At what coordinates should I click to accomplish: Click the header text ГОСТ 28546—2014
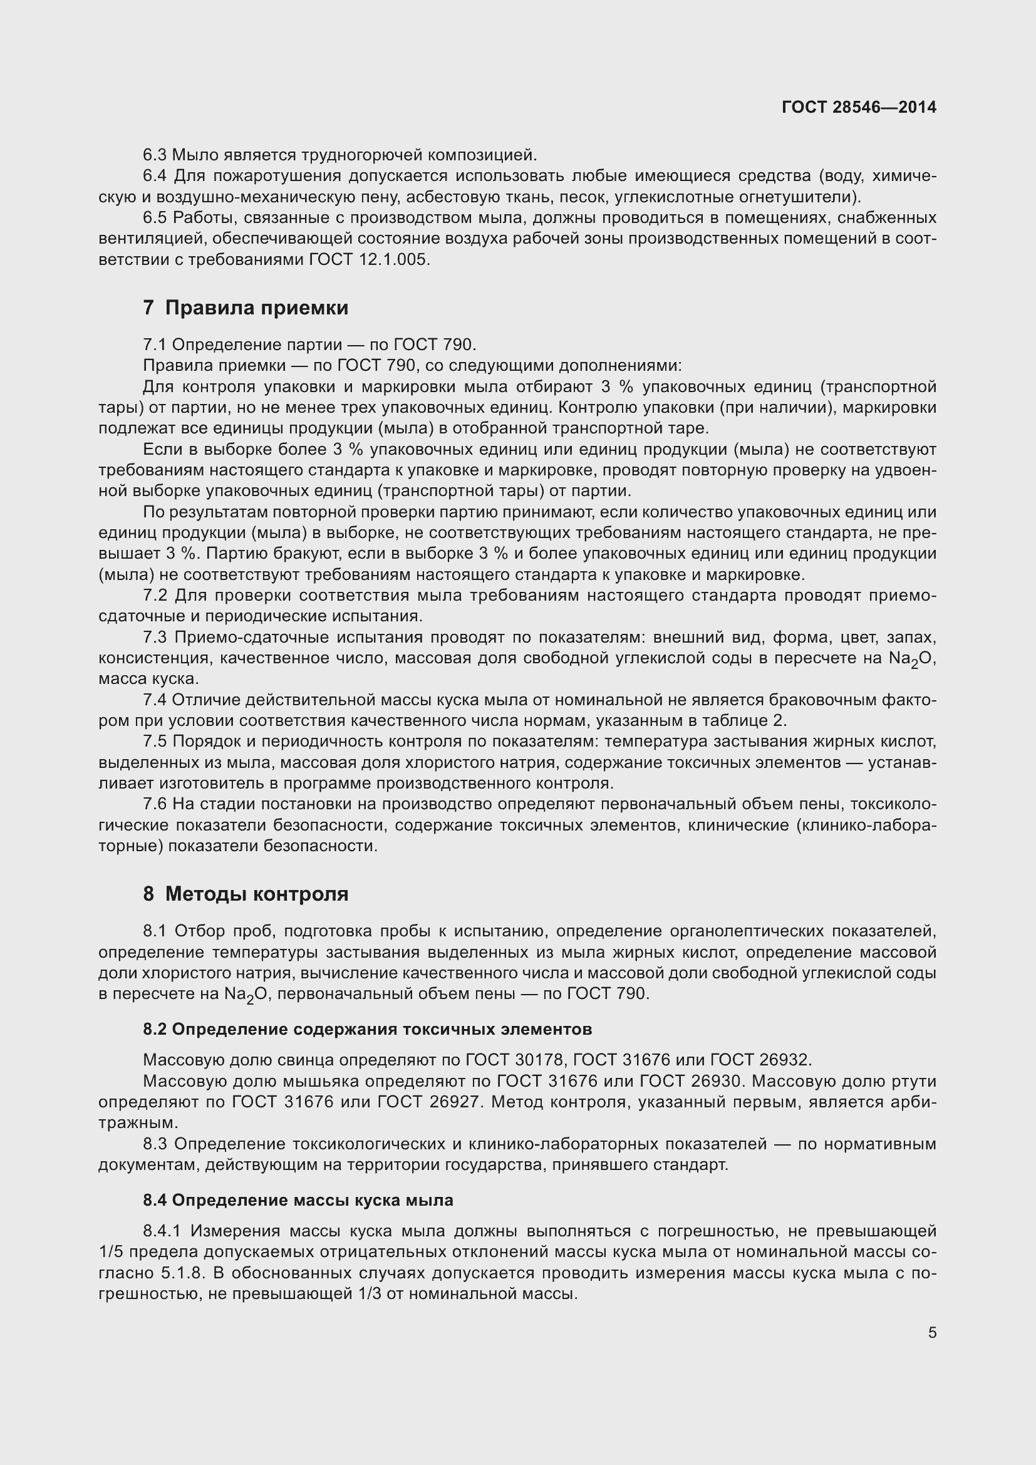pyautogui.click(x=859, y=107)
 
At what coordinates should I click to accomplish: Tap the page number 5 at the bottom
pyautogui.click(x=932, y=1332)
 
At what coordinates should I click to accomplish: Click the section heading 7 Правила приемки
pyautogui.click(x=246, y=308)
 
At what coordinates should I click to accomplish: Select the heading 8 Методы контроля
pyautogui.click(x=246, y=894)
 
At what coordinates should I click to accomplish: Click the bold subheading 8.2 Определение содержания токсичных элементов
pyautogui.click(x=368, y=1028)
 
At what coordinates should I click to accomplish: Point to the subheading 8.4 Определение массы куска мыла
pyautogui.click(x=298, y=1199)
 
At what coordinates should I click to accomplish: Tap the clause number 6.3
pyautogui.click(x=154, y=155)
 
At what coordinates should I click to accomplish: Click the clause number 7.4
pyautogui.click(x=154, y=700)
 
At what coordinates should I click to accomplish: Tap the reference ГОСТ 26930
pyautogui.click(x=690, y=1081)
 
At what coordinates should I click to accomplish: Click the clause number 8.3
pyautogui.click(x=154, y=1144)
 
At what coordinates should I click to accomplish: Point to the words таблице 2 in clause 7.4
pyautogui.click(x=747, y=721)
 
